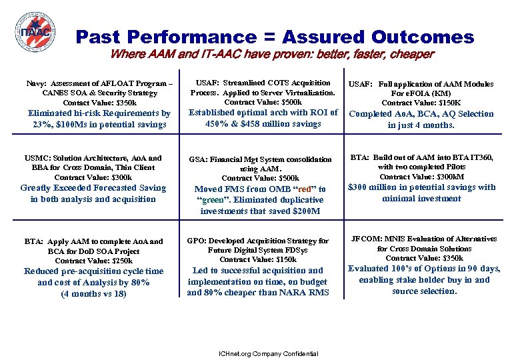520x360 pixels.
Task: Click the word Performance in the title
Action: coord(199,37)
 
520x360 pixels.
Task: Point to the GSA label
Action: coord(198,160)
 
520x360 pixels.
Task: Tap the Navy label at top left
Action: coord(35,84)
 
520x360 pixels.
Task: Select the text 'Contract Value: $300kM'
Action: coord(421,177)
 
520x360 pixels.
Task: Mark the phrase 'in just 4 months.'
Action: coord(421,125)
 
